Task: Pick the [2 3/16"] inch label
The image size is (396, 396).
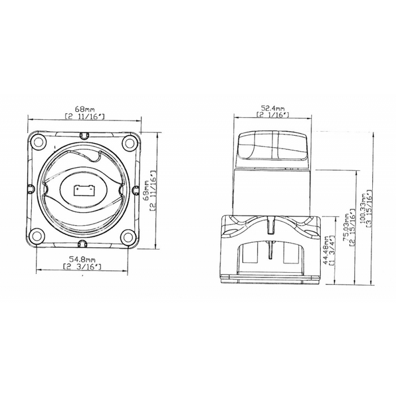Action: (x=83, y=266)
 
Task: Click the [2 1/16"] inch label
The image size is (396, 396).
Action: (x=273, y=115)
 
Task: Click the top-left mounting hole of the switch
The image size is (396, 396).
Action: (x=38, y=142)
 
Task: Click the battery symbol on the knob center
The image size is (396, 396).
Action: (x=83, y=190)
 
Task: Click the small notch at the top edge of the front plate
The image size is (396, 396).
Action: (x=84, y=135)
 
